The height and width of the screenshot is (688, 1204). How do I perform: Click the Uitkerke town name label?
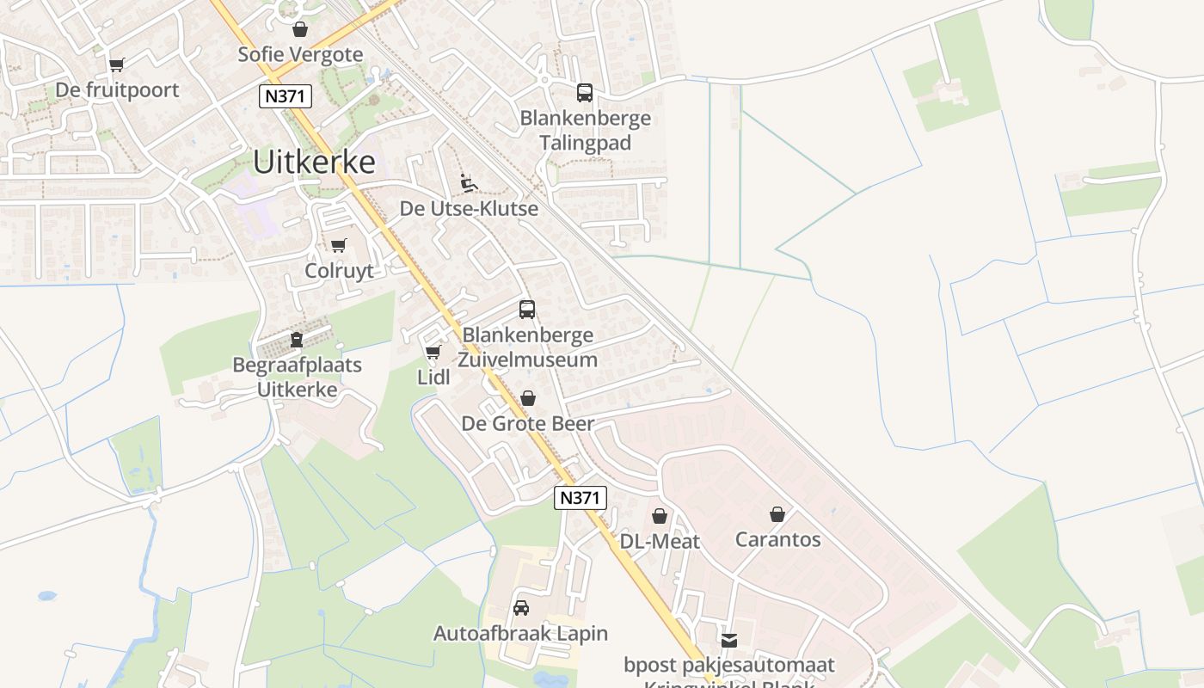point(314,162)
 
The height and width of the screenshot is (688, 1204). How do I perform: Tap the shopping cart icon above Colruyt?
point(339,246)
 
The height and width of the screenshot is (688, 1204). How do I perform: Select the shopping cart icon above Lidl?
point(433,353)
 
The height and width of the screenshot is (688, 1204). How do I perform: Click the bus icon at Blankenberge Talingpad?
point(585,93)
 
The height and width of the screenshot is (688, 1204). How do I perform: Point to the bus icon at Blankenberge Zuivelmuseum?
point(527,310)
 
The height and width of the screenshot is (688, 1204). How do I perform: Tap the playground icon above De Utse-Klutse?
point(469,183)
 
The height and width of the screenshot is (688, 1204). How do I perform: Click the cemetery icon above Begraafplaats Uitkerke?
point(297,340)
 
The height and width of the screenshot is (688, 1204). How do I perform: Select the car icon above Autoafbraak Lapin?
point(520,608)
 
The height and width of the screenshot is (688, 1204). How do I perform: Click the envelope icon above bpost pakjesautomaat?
point(729,640)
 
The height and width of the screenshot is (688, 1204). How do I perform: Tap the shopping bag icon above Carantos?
point(777,514)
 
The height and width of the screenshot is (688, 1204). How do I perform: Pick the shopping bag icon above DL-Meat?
point(660,516)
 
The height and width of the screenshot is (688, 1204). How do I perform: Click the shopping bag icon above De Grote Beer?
point(528,398)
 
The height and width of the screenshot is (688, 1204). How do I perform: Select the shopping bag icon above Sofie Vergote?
point(300,29)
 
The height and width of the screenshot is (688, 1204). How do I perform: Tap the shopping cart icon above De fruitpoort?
point(117,64)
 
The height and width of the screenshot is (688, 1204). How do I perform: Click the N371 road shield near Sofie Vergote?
point(286,96)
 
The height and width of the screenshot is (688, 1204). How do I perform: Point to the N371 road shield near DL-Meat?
point(580,497)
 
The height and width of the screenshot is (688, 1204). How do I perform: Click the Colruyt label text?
point(339,271)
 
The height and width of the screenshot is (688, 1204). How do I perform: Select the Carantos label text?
point(777,540)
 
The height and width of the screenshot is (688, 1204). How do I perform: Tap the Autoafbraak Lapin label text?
point(520,634)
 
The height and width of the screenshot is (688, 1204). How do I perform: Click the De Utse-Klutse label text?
point(469,209)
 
